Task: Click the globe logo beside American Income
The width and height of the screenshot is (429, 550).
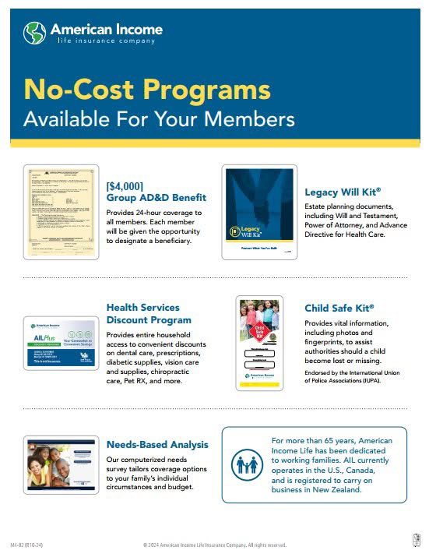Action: (x=35, y=33)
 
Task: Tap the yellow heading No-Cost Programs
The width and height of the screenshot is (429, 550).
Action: (x=147, y=90)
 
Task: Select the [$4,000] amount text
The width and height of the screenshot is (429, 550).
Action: (x=125, y=186)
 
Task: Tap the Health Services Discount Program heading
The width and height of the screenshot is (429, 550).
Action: (x=148, y=313)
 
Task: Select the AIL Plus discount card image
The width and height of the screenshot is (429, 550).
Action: (x=62, y=341)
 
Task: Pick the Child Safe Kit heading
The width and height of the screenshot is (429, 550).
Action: (x=339, y=308)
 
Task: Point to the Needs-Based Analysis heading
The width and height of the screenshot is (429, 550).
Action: (x=157, y=445)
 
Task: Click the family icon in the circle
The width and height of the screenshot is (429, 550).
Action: (x=248, y=465)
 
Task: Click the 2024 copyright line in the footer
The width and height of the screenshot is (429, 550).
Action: (x=214, y=544)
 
